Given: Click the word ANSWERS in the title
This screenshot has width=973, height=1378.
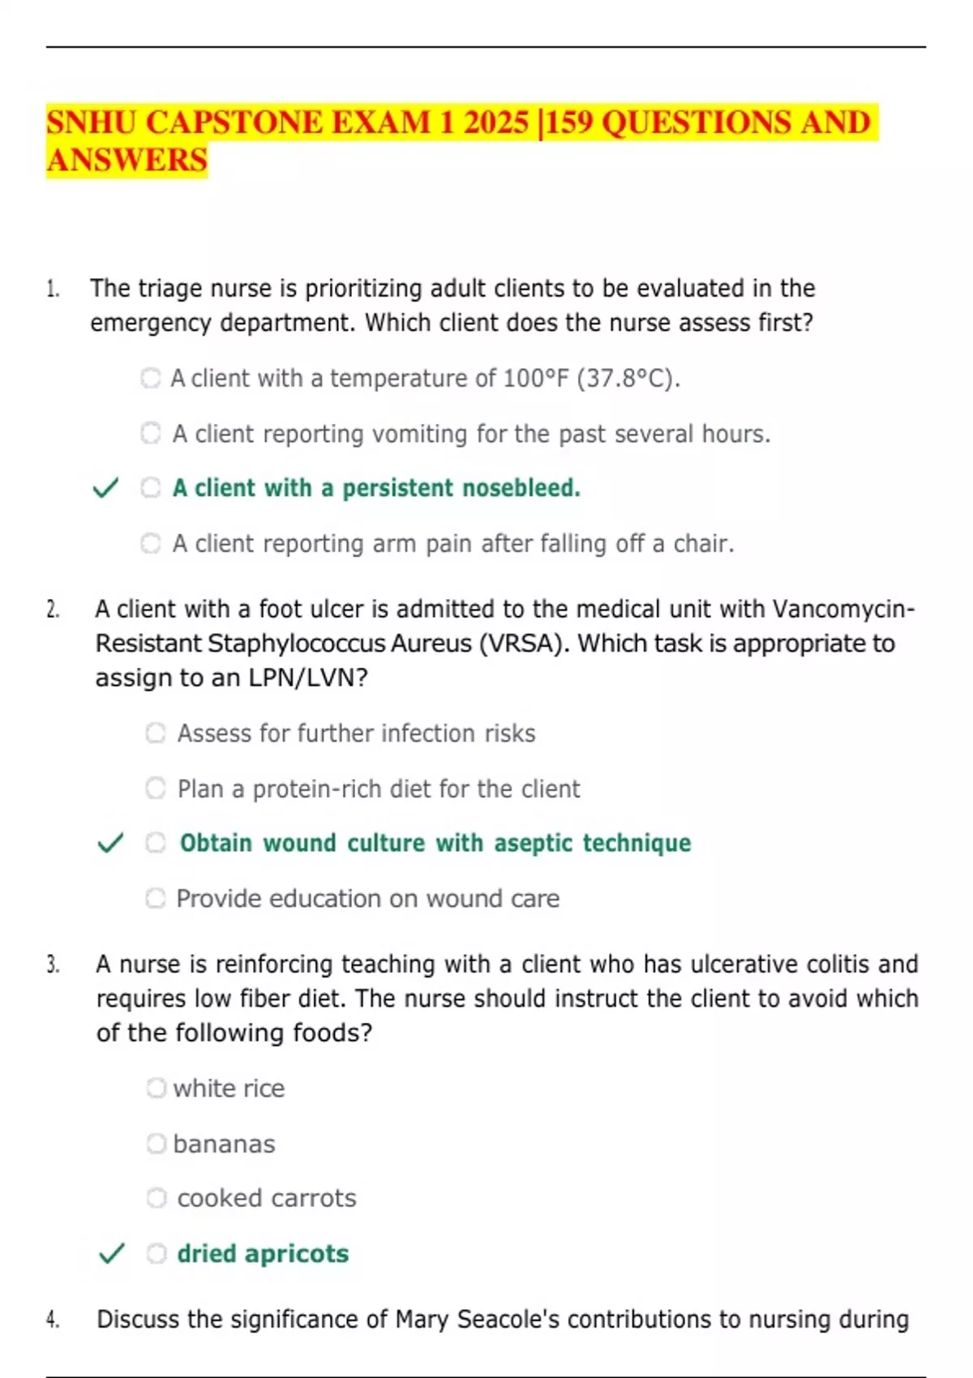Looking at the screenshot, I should coord(127,160).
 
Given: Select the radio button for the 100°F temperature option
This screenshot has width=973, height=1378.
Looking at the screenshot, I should coord(151,378).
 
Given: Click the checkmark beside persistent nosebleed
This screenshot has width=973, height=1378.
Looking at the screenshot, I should coord(106,488).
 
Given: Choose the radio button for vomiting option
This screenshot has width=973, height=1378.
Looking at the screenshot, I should coord(151,433).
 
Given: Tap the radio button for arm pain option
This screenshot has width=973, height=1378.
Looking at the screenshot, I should coord(151,542).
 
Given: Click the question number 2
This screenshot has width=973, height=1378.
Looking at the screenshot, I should coord(53,610).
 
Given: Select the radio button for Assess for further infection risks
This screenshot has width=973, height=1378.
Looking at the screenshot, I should coord(156,733).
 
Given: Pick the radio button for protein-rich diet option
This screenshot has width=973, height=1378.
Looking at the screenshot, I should coord(156,788).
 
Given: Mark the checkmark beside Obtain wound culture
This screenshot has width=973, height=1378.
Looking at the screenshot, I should coord(110,843).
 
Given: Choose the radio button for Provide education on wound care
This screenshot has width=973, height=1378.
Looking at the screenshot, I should coord(156,898).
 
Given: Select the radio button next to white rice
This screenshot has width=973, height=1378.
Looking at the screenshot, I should coord(156,1088).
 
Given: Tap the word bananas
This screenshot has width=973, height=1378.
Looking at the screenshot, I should coord(224,1144).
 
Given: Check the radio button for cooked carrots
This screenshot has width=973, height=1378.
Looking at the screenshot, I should coord(156,1198).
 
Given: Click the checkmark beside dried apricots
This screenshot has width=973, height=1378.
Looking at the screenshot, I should coord(111,1253).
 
